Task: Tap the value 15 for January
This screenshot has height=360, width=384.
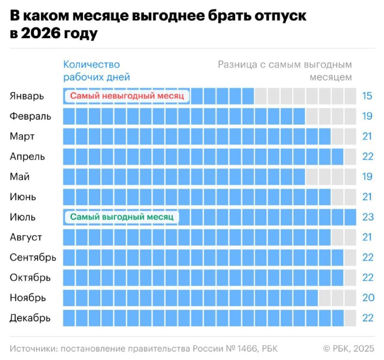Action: pyautogui.click(x=367, y=96)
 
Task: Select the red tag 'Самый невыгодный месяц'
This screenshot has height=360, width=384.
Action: pyautogui.click(x=127, y=96)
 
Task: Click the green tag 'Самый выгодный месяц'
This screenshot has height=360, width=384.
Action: pyautogui.click(x=121, y=217)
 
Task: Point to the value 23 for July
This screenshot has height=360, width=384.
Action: pyautogui.click(x=368, y=217)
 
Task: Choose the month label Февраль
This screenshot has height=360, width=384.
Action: pyautogui.click(x=30, y=116)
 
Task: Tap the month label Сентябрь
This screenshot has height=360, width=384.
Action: pyautogui.click(x=33, y=257)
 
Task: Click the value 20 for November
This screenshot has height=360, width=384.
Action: pyautogui.click(x=368, y=298)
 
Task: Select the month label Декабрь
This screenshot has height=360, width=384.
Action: pyautogui.click(x=30, y=318)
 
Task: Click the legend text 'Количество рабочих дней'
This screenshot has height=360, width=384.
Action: pyautogui.click(x=96, y=71)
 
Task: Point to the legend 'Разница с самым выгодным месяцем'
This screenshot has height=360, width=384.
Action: pyautogui.click(x=285, y=71)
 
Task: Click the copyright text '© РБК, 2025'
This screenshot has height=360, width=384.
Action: pyautogui.click(x=348, y=348)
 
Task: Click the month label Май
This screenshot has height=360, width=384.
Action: pyautogui.click(x=20, y=177)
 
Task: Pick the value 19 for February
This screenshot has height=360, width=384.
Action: pyautogui.click(x=367, y=116)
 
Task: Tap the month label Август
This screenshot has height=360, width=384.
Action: pyautogui.click(x=26, y=237)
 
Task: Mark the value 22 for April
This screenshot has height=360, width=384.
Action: pyautogui.click(x=368, y=156)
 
